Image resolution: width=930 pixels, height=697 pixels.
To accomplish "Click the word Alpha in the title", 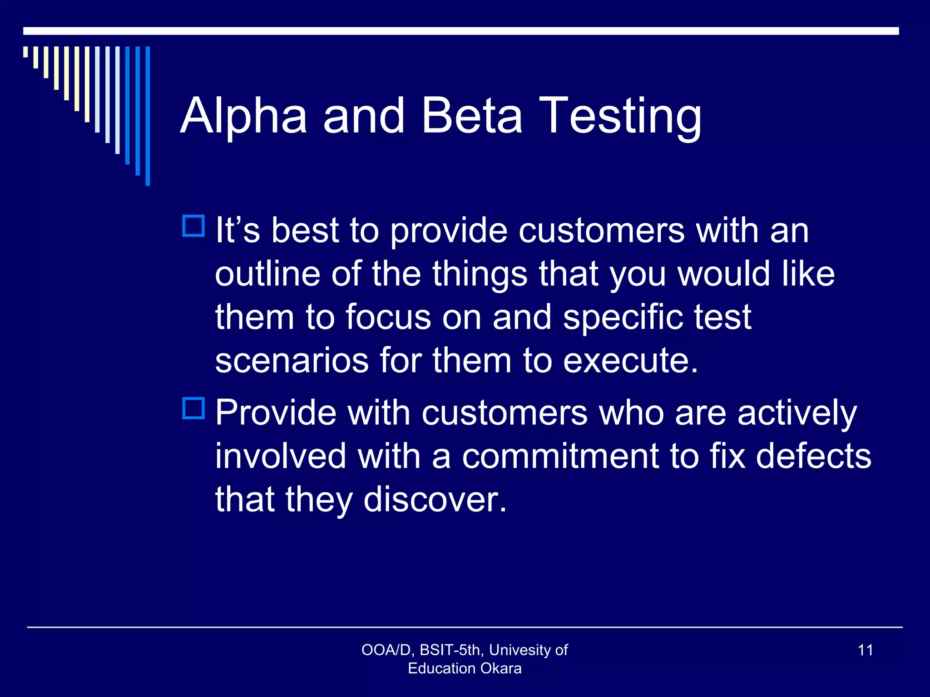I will pos(244,117).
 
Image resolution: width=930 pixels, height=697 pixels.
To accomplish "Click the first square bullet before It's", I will pos(193,226).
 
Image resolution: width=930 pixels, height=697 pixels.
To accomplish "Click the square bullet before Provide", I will pos(193,408).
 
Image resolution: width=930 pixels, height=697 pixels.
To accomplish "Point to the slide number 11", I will pos(865,650).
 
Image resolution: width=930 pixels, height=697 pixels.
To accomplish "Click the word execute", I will pos(630,361).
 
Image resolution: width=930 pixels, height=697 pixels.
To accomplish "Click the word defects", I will pos(813,456).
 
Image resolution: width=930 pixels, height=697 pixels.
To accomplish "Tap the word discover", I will pos(435,500).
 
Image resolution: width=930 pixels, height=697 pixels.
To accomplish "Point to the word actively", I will pos(797,413).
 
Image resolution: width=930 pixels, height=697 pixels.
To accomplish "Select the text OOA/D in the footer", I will pos(386,650).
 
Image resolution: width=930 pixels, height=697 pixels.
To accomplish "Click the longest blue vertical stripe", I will pos(148,116).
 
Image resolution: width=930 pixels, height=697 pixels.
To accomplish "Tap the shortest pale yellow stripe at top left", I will pos(25,52).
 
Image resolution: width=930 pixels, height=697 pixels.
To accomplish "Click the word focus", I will pos(388,317).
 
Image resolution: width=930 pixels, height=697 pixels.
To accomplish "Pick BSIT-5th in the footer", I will pos(450,650).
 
